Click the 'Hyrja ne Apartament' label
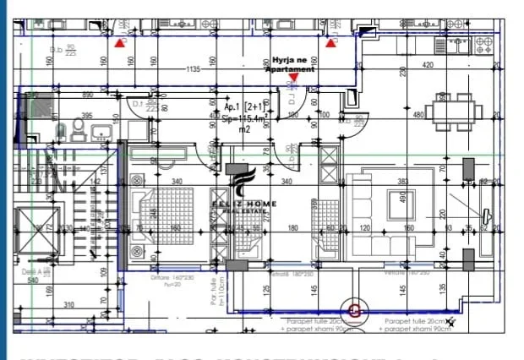[x=292, y=65]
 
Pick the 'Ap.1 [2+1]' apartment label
[x=241, y=108]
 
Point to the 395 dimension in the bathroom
[x=86, y=116]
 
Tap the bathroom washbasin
[x=101, y=133]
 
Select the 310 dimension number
[x=68, y=305]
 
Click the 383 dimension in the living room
[x=403, y=181]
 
